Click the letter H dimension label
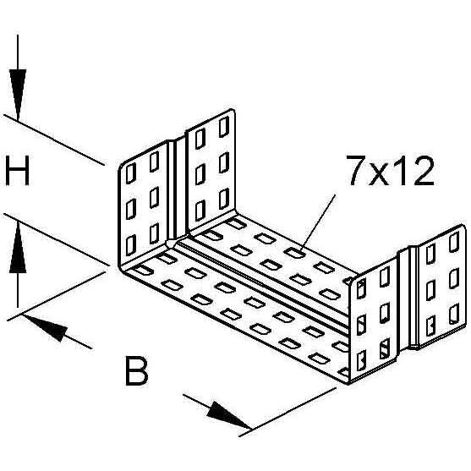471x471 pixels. (x=18, y=171)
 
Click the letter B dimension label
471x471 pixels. (x=137, y=370)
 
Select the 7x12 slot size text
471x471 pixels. (x=391, y=171)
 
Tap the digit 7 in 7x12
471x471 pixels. (x=357, y=171)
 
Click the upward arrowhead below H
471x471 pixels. (x=18, y=247)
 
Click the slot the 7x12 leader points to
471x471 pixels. (x=294, y=252)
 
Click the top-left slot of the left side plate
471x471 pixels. (x=131, y=173)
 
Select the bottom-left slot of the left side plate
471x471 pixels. (x=131, y=245)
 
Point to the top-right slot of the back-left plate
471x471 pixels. (x=224, y=127)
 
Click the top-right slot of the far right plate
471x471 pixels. (x=454, y=242)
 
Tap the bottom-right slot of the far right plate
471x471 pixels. (x=454, y=314)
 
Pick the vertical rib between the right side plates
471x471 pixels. (x=413, y=298)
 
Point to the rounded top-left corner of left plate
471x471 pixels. (x=122, y=167)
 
